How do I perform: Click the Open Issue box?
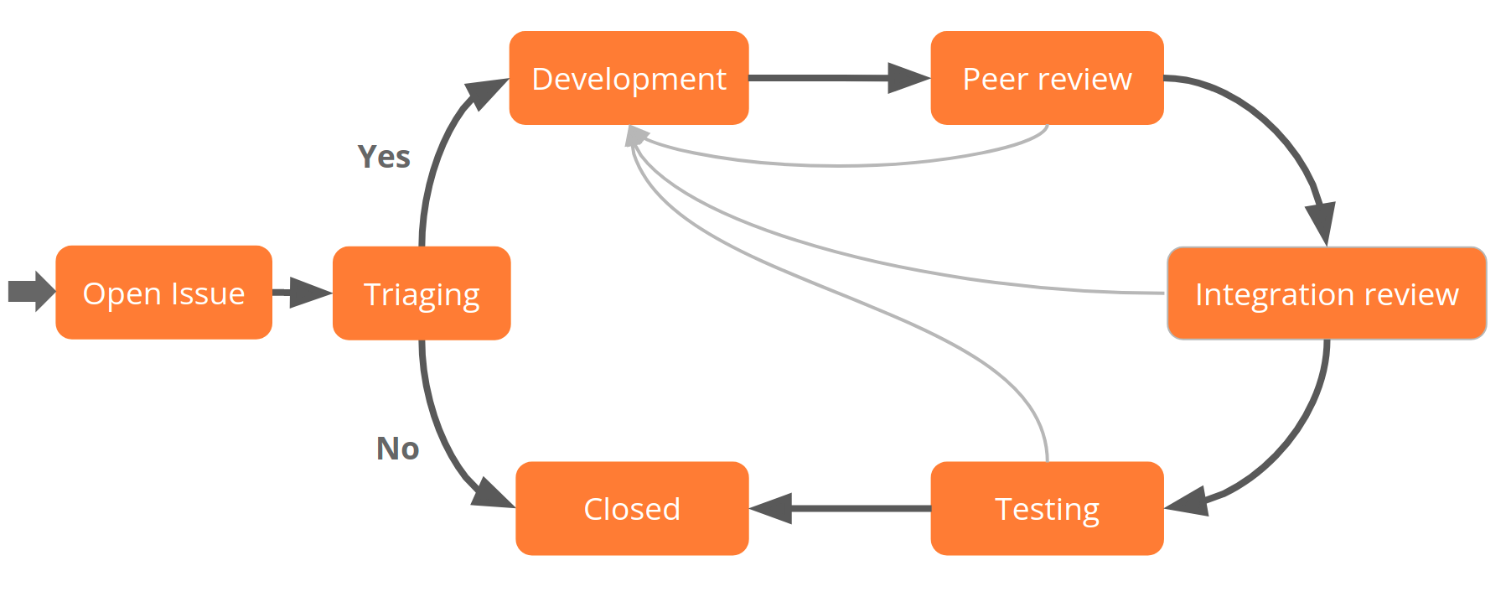[163, 293]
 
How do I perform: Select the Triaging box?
[422, 293]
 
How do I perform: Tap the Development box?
[629, 78]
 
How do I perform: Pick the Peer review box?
[1047, 78]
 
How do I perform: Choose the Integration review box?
[1327, 293]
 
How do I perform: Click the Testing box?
[1047, 508]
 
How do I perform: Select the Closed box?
[632, 508]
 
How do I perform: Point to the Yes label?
[384, 157]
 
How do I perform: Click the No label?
[397, 449]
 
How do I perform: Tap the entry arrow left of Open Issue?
[31, 292]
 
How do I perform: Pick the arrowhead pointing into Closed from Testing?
[772, 508]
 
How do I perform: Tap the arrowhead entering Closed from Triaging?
[493, 494]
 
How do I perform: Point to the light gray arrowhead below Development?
[636, 136]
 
